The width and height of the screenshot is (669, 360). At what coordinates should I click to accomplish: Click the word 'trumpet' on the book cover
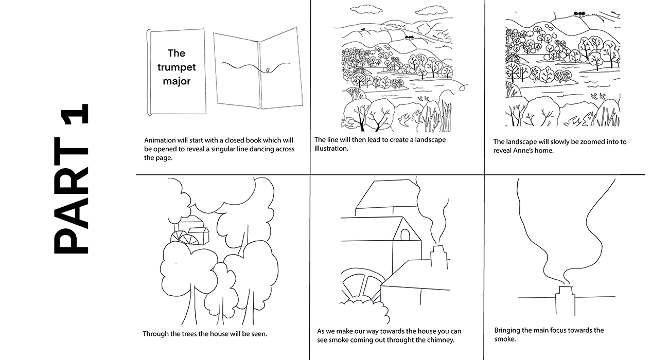[177, 68]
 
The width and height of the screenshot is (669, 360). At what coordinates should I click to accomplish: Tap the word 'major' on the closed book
[177, 81]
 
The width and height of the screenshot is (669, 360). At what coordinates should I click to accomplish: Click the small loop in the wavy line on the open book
[268, 70]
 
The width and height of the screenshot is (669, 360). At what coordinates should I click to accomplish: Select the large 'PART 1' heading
[71, 179]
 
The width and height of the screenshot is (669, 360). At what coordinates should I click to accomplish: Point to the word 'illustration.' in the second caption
[331, 148]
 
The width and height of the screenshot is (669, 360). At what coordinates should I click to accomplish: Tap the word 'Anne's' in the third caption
[523, 151]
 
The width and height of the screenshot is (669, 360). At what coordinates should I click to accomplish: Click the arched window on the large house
[405, 235]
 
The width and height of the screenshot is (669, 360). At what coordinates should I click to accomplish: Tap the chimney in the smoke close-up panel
[565, 300]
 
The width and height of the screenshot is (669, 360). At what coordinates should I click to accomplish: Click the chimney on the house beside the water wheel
[439, 257]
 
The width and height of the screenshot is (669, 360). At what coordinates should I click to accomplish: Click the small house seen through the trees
[190, 230]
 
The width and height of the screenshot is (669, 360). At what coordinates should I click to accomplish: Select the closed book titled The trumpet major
[177, 72]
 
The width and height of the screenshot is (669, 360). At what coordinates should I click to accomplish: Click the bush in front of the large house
[366, 311]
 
